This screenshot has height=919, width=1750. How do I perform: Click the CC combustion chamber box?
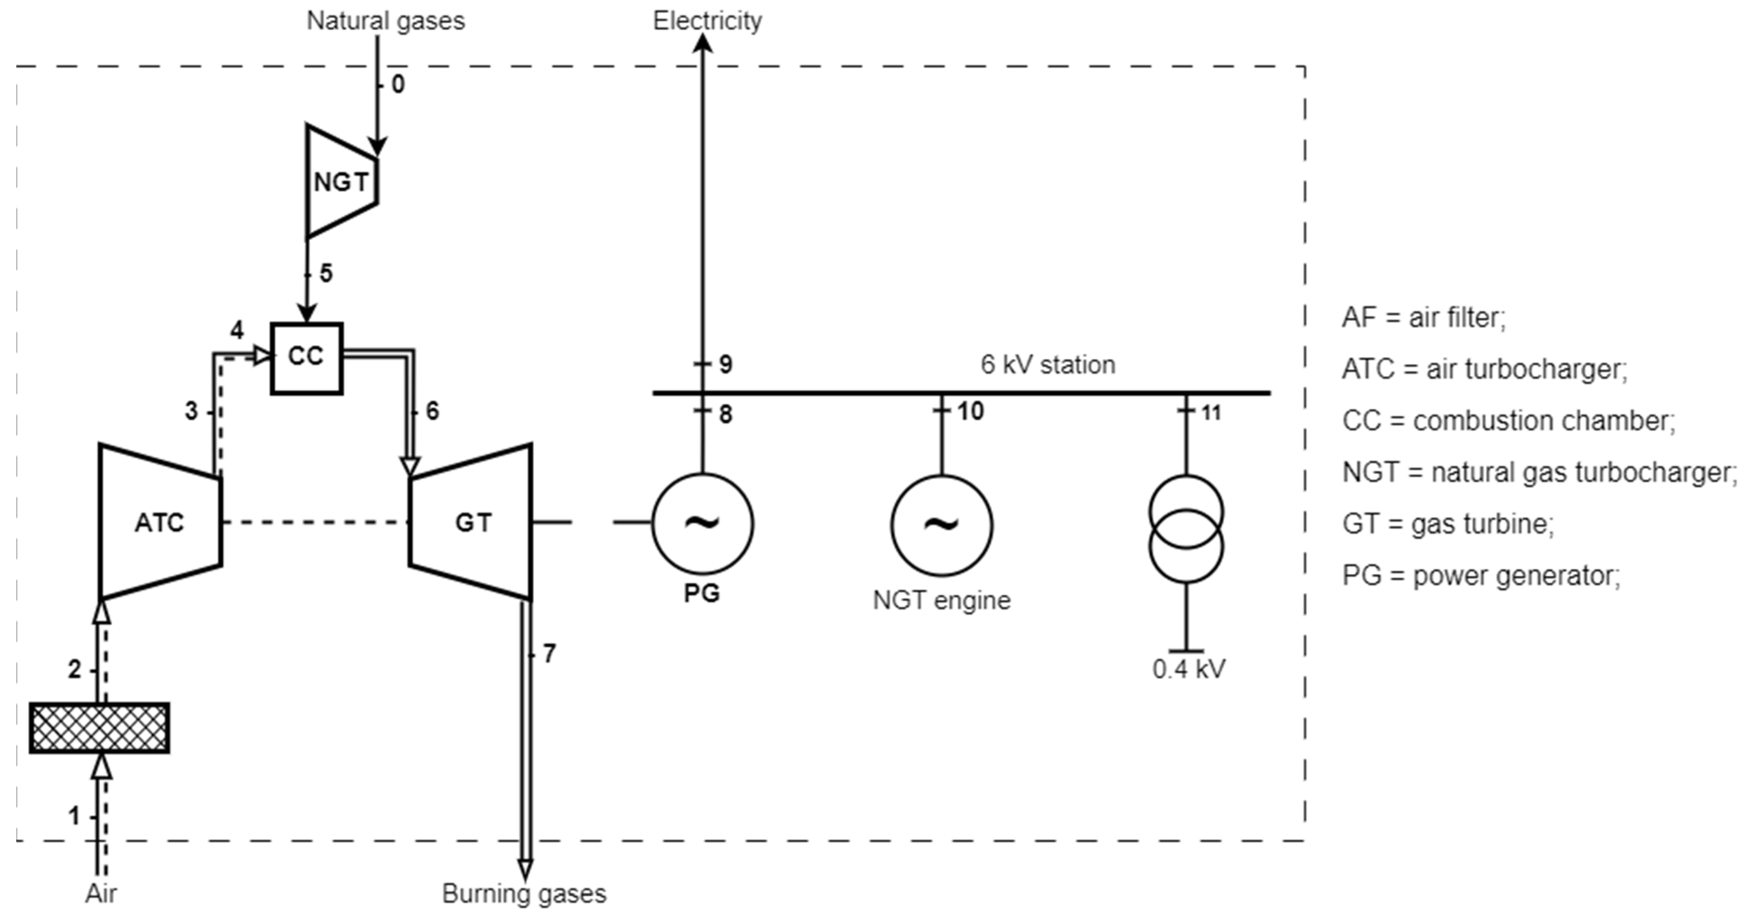(306, 358)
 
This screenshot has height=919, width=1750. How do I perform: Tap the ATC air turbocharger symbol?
(160, 522)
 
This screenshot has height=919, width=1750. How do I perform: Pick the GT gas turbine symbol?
(471, 522)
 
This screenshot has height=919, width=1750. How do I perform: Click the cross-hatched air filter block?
(99, 727)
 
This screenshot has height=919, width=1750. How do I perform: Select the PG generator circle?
(702, 524)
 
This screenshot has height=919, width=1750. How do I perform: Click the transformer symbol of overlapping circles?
(1186, 529)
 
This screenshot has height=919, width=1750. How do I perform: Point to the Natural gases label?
(385, 21)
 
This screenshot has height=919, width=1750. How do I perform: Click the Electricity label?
(707, 21)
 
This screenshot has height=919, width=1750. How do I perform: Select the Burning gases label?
(524, 893)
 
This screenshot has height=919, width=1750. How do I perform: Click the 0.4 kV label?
(1189, 669)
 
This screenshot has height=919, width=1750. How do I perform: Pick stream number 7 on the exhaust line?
(549, 653)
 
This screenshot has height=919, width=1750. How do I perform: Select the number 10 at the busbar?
(970, 411)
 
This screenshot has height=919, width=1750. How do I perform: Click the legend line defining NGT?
(1539, 472)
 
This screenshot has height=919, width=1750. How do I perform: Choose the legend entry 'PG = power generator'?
(1481, 575)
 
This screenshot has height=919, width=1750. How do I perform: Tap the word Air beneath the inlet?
(101, 893)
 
